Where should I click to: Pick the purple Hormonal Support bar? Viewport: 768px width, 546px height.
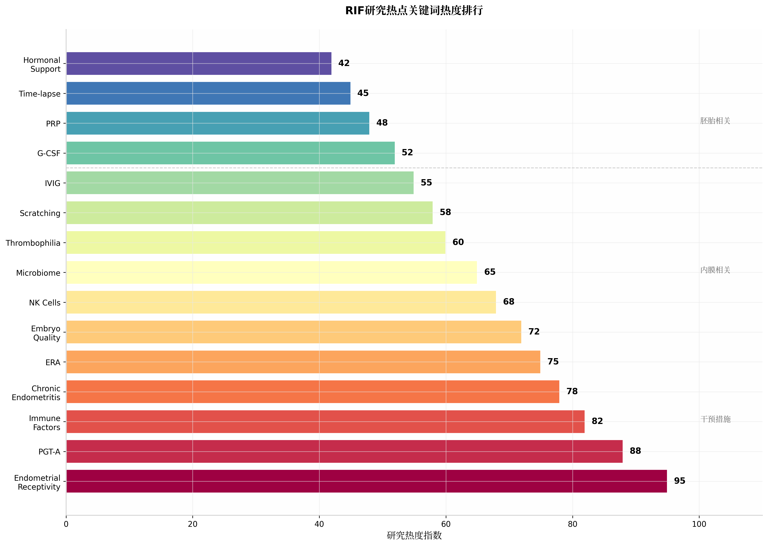coord(199,64)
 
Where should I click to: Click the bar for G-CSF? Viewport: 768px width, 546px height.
coord(230,153)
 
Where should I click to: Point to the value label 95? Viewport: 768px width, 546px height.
coord(679,481)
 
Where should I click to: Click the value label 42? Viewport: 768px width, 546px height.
coord(344,63)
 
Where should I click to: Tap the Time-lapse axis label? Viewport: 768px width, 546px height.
coord(40,94)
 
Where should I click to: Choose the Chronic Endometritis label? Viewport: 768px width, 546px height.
coord(36,393)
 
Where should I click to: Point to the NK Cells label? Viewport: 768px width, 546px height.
coord(45,303)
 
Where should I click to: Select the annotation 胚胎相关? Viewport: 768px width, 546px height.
coord(715,121)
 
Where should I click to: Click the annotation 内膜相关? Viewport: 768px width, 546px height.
coord(715,270)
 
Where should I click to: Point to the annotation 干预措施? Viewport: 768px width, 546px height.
coord(715,419)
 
